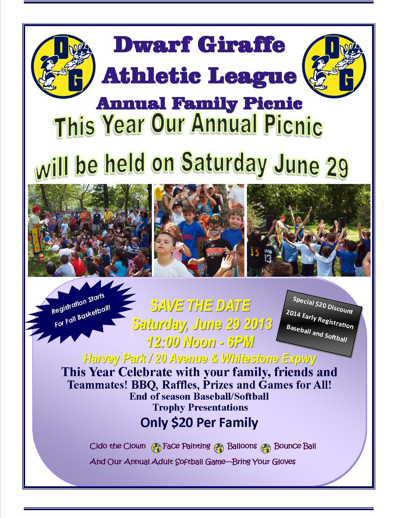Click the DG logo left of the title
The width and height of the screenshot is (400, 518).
[63, 66]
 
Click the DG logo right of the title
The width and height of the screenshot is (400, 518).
[334, 66]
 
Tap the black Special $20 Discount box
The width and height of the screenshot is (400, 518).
[319, 323]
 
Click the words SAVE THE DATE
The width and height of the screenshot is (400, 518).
[200, 305]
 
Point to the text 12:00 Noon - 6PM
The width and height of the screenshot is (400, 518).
[200, 342]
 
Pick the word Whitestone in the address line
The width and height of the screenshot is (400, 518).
[250, 358]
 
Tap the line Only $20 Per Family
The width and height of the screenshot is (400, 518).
[200, 423]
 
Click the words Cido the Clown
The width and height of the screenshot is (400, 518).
[118, 446]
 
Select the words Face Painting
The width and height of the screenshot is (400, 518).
[187, 446]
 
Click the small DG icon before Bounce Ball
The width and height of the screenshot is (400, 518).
[266, 448]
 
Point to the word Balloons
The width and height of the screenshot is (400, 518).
[242, 446]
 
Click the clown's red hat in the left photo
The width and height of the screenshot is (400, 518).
[36, 209]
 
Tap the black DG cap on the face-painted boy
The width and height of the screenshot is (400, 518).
[215, 220]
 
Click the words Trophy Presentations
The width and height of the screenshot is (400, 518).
[200, 407]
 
